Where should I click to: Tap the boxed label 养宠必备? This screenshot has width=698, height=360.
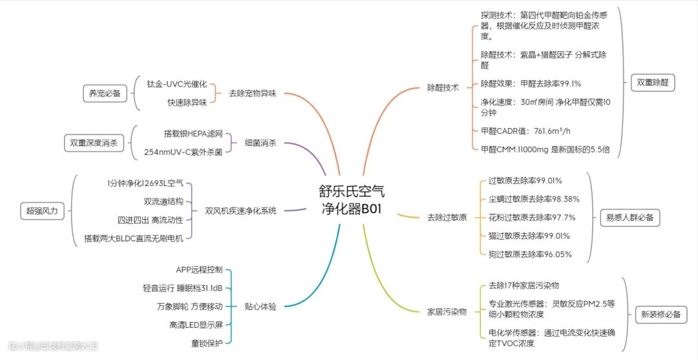[105, 93]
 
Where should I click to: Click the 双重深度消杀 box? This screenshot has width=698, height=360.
[94, 143]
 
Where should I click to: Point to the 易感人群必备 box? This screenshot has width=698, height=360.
[629, 218]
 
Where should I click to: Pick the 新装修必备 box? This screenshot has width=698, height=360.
[661, 315]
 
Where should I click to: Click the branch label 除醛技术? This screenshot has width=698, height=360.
[443, 87]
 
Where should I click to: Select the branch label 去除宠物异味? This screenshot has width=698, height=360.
[252, 93]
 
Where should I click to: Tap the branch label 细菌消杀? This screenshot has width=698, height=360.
[260, 143]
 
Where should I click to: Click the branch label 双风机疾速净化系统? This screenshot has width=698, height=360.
[240, 210]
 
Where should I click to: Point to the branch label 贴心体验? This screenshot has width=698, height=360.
[260, 306]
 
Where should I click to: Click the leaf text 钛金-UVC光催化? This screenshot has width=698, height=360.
[176, 84]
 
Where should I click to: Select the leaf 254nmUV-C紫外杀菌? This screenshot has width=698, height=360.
[183, 153]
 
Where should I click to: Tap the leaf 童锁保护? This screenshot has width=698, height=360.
[207, 343]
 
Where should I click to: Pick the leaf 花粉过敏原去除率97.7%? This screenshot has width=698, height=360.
[532, 217]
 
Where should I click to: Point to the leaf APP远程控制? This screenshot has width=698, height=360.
[199, 270]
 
